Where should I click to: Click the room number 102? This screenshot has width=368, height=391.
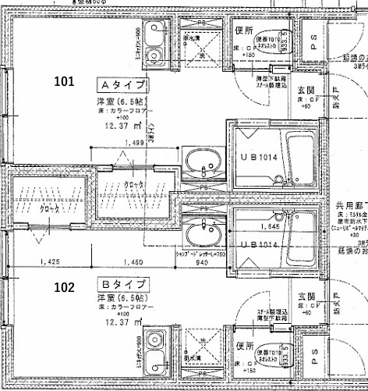[66, 286]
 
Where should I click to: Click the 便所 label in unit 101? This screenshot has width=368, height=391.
[242, 30]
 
